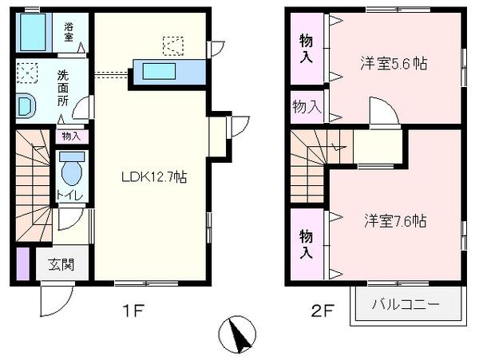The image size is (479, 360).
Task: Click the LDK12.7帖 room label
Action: (154, 176)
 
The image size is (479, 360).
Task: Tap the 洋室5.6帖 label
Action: (394, 64)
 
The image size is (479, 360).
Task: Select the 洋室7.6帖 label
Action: (395, 221)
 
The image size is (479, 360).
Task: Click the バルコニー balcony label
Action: (406, 304)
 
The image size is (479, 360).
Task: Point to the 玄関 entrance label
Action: (61, 264)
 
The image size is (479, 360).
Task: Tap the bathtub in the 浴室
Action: (33, 32)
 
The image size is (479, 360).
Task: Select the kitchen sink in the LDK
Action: (159, 71)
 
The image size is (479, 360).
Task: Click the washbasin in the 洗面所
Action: (25, 105)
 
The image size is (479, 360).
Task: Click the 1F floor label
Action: (133, 311)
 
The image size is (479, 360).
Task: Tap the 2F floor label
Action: (322, 311)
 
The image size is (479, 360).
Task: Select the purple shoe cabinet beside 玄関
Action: (23, 264)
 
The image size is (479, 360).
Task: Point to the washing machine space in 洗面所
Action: (27, 73)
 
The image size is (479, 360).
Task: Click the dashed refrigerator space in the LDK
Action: (173, 46)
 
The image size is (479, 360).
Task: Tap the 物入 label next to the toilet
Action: (71, 136)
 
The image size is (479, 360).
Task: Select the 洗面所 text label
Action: (63, 89)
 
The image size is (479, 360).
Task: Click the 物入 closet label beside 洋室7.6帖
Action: (306, 244)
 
